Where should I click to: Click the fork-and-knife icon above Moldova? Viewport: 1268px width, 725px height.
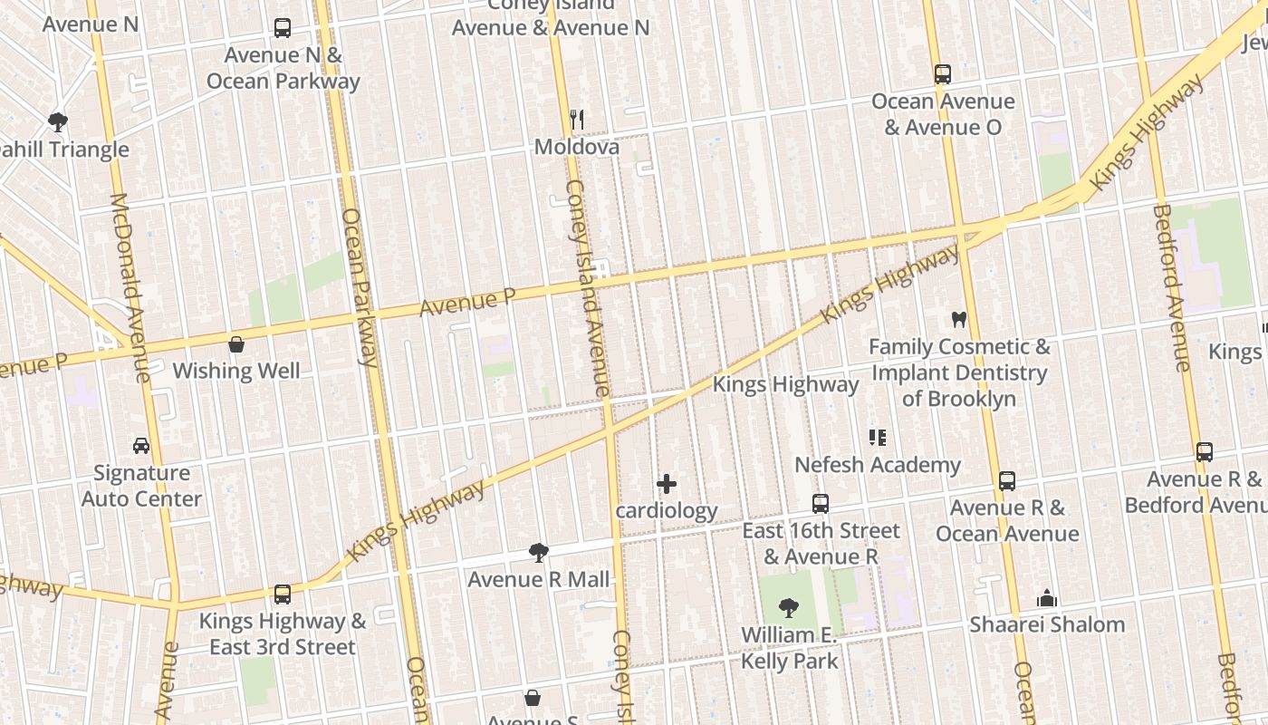[576, 119]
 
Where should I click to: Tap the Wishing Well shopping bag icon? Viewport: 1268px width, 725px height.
[236, 344]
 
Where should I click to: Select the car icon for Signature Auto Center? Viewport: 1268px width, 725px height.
[141, 446]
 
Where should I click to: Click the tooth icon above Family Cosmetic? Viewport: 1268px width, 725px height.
[959, 320]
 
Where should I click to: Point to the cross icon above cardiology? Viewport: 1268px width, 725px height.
[667, 484]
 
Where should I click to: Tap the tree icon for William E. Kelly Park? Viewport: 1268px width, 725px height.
[789, 608]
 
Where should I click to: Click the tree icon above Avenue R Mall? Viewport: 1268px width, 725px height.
[539, 552]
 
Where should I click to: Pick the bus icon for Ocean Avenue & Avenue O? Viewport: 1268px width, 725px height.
[943, 74]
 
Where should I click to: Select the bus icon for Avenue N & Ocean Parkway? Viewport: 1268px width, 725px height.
[283, 28]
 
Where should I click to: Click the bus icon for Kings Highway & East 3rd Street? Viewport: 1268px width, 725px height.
[283, 594]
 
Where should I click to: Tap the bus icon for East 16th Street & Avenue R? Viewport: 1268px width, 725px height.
[821, 504]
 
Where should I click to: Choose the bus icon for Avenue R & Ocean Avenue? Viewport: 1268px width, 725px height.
[1007, 481]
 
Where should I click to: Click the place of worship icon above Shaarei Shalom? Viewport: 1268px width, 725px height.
[1047, 598]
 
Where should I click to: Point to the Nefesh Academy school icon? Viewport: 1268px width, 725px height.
[877, 439]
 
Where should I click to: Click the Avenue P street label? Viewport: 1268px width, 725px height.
[467, 303]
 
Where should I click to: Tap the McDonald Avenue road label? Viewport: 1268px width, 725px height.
[130, 287]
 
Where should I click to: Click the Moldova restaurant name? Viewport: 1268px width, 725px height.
[577, 147]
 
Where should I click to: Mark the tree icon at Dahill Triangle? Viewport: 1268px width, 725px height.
[58, 121]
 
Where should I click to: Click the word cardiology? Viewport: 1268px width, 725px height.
[667, 510]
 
